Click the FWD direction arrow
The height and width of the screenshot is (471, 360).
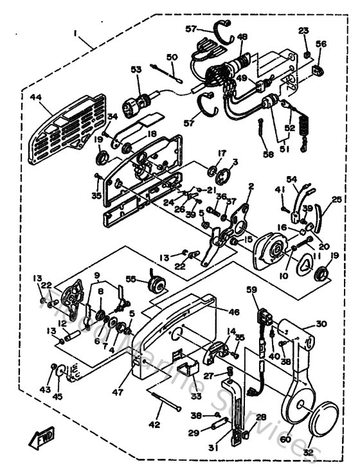tap(41, 440)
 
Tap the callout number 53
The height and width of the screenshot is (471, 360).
tap(136, 69)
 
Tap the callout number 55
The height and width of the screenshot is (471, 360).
tap(132, 280)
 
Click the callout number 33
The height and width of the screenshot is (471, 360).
tap(177, 396)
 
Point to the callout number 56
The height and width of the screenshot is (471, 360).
tap(321, 44)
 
